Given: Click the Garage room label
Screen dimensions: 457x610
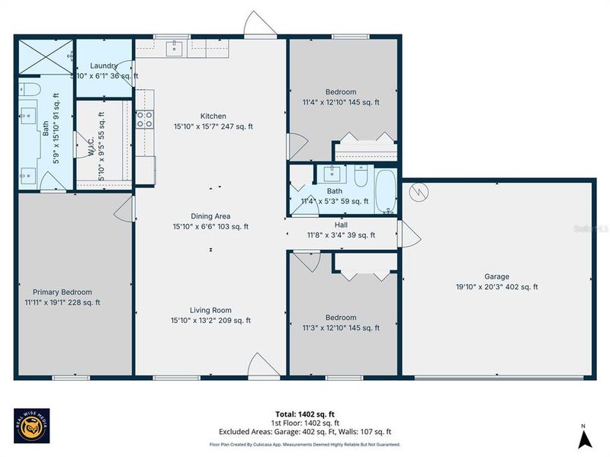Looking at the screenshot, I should (496, 276).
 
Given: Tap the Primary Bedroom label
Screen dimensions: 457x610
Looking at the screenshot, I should (62, 292).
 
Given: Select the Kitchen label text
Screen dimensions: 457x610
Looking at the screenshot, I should (213, 116).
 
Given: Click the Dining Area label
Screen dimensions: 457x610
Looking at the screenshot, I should (212, 216).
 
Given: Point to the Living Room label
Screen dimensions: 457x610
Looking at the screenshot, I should (212, 310).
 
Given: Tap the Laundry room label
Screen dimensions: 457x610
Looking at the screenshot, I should (104, 66).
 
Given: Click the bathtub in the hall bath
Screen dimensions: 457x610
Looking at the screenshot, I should (386, 192).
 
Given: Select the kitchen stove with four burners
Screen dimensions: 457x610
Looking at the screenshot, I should (144, 118).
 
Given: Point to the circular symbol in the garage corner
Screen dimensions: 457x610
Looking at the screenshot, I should (418, 193).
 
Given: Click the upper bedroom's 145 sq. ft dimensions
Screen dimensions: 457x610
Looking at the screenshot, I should (341, 101).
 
